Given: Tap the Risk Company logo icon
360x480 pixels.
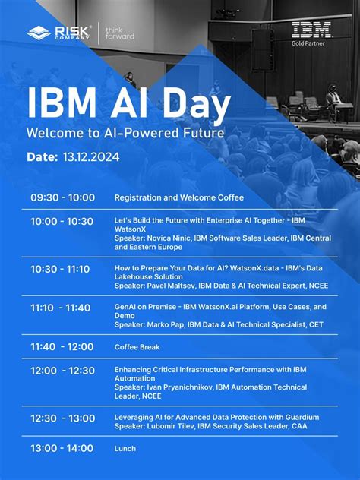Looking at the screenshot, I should coord(39,33).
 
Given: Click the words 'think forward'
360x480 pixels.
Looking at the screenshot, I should coord(120,33).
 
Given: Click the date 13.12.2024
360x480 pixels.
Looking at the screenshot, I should coord(91,157).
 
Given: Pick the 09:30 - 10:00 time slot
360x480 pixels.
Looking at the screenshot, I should coord(63,197).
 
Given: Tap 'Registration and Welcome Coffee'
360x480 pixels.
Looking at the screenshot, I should coord(179,197).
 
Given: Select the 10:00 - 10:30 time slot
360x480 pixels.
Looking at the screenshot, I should coord(62,222).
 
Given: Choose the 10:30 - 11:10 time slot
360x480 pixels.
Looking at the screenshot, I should coord(60,269).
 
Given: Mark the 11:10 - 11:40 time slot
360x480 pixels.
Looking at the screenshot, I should coord(61,308).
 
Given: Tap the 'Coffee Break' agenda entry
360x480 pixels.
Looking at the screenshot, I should coord(137,347).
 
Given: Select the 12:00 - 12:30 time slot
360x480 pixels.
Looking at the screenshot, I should coord(63,371).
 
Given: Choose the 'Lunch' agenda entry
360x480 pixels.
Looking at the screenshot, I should coord(125,449).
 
